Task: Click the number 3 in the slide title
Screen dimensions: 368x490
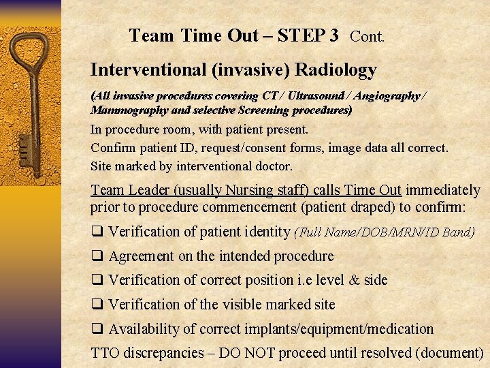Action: coord(333,35)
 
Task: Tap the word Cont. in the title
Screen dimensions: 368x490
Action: coord(367,37)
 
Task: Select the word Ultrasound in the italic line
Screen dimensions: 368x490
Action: coord(318,96)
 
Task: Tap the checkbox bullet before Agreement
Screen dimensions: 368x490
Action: coord(97,256)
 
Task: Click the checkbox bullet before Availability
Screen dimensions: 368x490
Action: coord(97,329)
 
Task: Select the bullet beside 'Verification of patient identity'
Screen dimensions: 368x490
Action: coord(97,232)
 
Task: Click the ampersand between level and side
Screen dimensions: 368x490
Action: coord(355,280)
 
